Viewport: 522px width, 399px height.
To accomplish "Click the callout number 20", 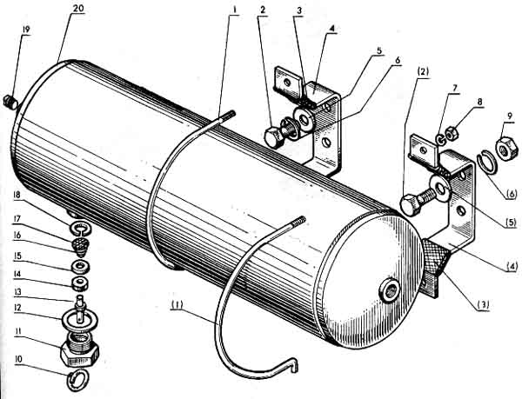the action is (x=78, y=9).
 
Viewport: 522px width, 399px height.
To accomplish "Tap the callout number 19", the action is (x=26, y=30).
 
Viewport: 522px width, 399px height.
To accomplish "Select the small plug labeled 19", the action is (x=10, y=102).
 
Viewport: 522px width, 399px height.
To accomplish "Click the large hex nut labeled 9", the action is (x=507, y=149).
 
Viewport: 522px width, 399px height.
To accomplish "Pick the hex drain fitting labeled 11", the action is (x=80, y=349).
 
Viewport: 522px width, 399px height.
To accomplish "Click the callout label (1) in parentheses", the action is (x=177, y=304).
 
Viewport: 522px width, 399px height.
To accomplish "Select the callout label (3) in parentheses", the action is (x=482, y=306).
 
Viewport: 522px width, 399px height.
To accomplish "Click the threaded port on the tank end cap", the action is (x=389, y=291).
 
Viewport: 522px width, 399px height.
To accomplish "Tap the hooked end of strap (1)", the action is (x=294, y=363).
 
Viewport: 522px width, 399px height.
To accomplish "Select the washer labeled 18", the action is (x=79, y=228).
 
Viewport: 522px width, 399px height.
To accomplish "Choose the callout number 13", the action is (x=17, y=292).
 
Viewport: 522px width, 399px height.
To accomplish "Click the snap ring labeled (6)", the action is (x=487, y=163).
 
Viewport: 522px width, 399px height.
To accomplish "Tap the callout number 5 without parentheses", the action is (x=379, y=51).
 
